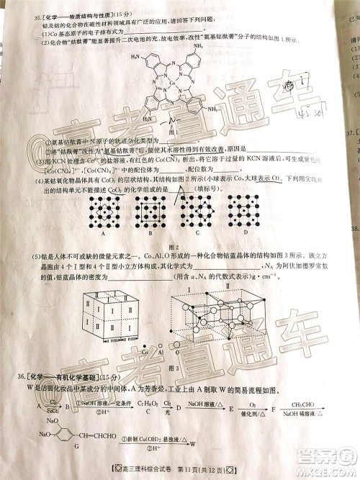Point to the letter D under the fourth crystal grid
coord(246,232)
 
